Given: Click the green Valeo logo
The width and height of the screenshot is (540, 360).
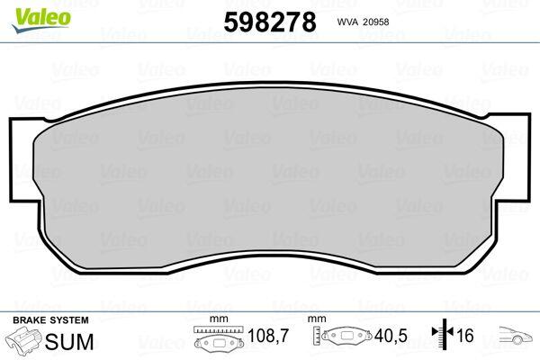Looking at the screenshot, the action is coord(41,20).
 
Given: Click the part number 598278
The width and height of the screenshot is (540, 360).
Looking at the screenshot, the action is coord(270,22).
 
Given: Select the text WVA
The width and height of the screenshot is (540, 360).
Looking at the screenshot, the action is coord(347,22).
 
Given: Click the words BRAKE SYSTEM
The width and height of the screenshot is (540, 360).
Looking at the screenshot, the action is coord(50,320).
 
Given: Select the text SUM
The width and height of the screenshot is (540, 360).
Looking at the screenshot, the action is coord(69,341).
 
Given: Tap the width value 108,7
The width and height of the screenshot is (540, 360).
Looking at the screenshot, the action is coord(267,336).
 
